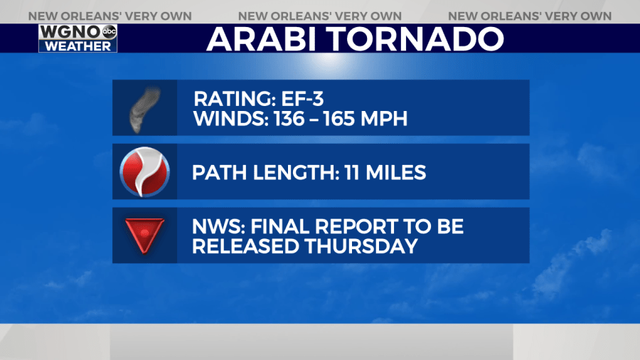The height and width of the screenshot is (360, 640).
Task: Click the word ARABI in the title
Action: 261,39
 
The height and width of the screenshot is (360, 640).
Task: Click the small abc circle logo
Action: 109,31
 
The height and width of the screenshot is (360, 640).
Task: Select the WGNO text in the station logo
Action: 70,32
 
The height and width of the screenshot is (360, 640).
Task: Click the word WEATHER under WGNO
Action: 78,46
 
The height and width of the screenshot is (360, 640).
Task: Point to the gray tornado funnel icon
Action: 144,110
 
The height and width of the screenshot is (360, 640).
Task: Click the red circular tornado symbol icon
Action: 144,172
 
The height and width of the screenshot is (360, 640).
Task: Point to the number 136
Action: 289,119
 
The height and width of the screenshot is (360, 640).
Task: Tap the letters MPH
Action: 384,119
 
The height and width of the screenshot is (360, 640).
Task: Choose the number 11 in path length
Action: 351,172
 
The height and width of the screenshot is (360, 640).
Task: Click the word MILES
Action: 396,172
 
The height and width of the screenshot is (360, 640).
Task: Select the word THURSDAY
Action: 361,246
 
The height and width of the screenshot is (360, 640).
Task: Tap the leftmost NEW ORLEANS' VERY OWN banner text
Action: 110,16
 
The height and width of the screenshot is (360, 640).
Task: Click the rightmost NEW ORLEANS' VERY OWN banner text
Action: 530,16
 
